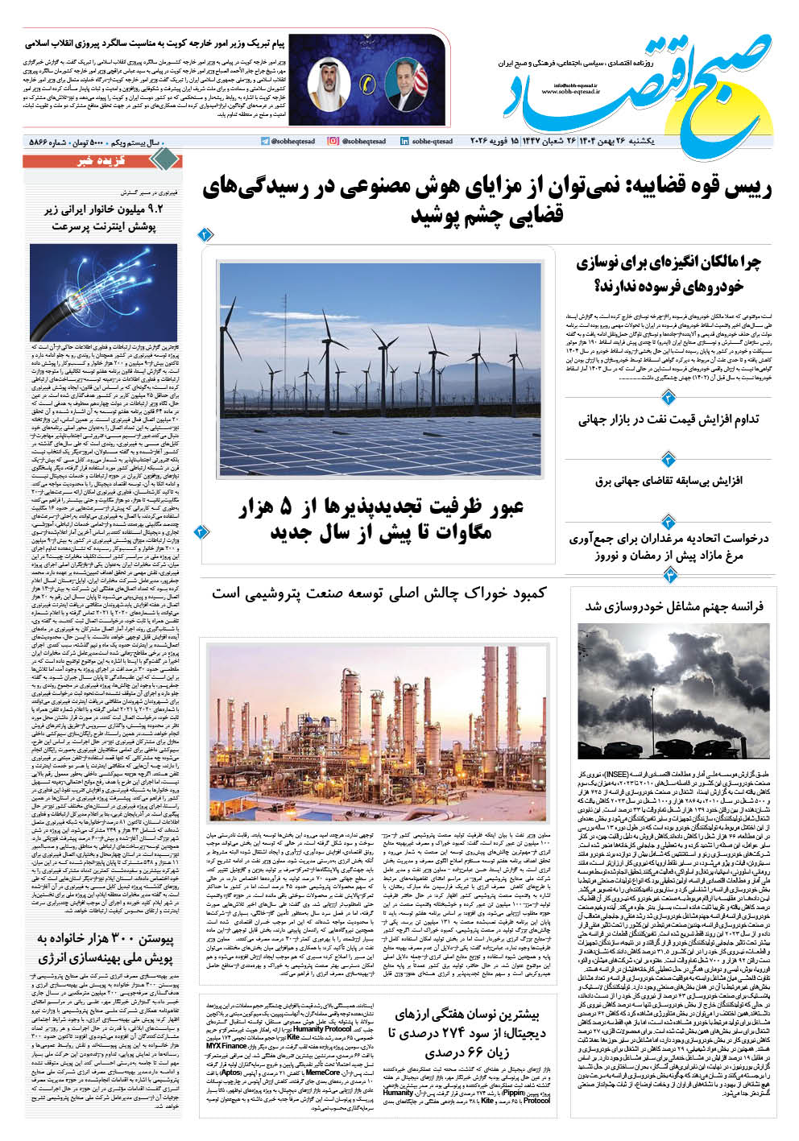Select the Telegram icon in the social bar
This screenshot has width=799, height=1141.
click(x=265, y=142)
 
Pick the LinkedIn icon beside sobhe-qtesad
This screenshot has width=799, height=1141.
click(x=404, y=142)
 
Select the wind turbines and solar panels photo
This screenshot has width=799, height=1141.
click(x=379, y=369)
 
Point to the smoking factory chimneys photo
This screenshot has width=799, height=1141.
click(x=673, y=691)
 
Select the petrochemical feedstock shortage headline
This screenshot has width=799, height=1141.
click(x=379, y=593)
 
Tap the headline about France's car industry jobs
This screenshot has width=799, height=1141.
click(x=673, y=606)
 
